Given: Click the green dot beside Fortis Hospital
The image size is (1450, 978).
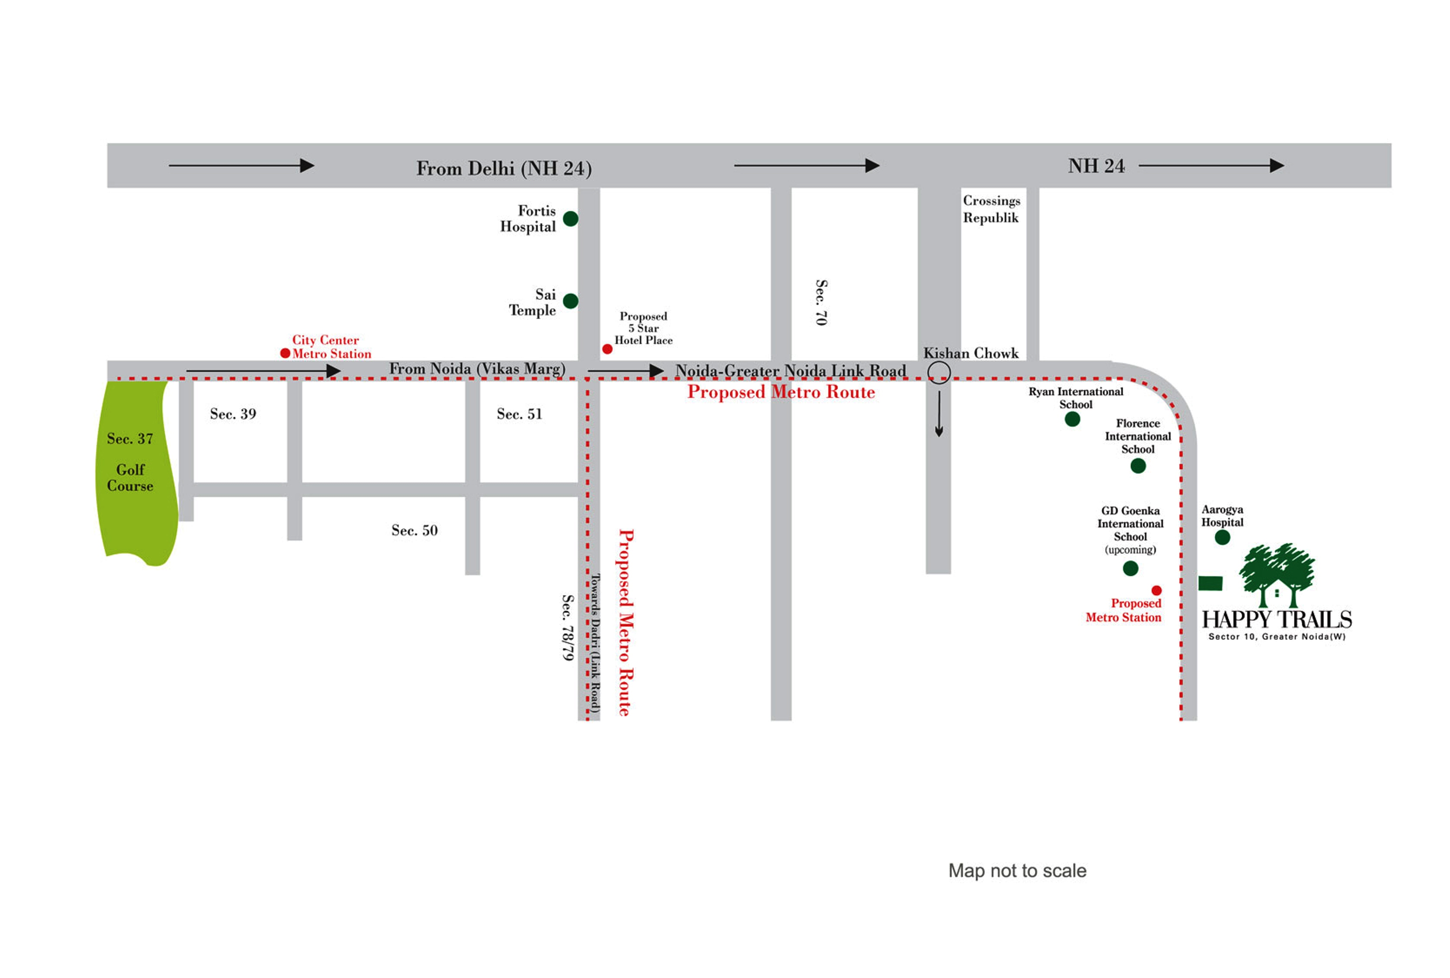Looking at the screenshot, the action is click(570, 218).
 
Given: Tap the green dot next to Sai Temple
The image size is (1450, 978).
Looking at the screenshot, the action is click(570, 301).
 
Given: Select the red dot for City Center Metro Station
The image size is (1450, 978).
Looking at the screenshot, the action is click(285, 353).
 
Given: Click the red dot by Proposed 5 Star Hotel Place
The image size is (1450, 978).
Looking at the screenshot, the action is click(607, 349).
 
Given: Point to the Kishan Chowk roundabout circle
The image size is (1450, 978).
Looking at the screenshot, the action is click(938, 362).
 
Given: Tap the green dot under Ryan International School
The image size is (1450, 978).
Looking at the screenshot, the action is click(1072, 419).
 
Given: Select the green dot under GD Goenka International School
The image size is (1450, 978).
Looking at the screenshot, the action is click(1130, 568).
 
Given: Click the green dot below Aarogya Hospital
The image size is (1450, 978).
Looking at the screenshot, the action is click(1222, 537).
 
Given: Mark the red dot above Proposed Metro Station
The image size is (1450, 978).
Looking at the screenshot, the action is click(1156, 590).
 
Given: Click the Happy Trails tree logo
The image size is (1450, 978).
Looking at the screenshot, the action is click(1276, 575).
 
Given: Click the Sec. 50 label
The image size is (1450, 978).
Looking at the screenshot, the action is click(414, 530).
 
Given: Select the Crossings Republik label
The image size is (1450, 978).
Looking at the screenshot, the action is click(991, 209).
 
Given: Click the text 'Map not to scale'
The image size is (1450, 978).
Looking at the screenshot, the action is click(1017, 870).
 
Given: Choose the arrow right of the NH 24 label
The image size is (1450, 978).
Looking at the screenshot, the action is click(1211, 165).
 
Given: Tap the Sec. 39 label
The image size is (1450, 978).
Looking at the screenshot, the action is click(233, 413).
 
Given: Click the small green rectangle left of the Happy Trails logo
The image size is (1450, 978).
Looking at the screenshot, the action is click(1210, 583).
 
